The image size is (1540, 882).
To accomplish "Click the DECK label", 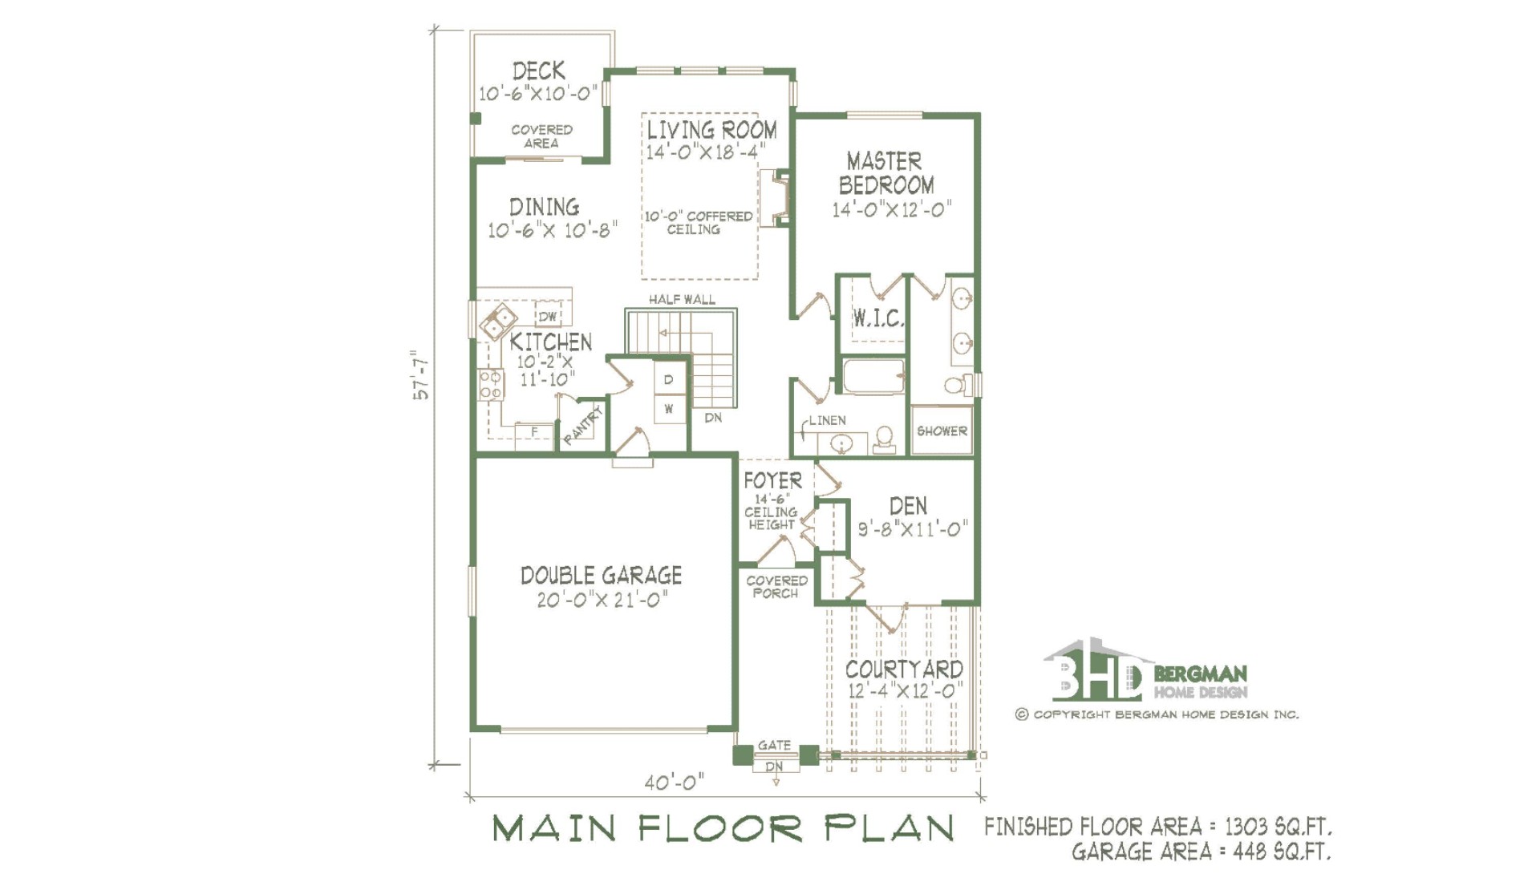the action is coord(539,71).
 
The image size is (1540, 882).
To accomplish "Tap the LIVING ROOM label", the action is coord(711,130).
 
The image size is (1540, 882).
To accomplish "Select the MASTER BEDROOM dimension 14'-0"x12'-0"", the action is coord(891,209).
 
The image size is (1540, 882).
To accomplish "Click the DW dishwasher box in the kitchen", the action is coord(548,316).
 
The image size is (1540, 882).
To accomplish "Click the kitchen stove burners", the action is coord(490,384).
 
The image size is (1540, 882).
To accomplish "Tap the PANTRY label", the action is coord(582,426).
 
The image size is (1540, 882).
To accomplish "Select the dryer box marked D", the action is coord(669,379).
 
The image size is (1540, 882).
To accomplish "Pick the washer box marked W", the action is coord(669,409).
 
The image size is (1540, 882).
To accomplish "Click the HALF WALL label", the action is coord(682,299).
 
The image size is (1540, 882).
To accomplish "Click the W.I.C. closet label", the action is coord(877,318).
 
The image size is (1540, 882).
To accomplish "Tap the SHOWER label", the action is coord(942,431).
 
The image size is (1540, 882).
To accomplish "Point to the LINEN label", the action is coord(827,420).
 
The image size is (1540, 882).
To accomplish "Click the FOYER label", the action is coord(772,480).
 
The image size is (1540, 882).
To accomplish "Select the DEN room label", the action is coord(908,506).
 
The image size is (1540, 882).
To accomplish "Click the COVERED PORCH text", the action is coord(776,587).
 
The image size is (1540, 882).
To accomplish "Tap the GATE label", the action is coord(774,745).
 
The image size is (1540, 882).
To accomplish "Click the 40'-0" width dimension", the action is coord(675,782).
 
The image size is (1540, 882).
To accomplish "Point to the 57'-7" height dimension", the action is coord(421,374).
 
